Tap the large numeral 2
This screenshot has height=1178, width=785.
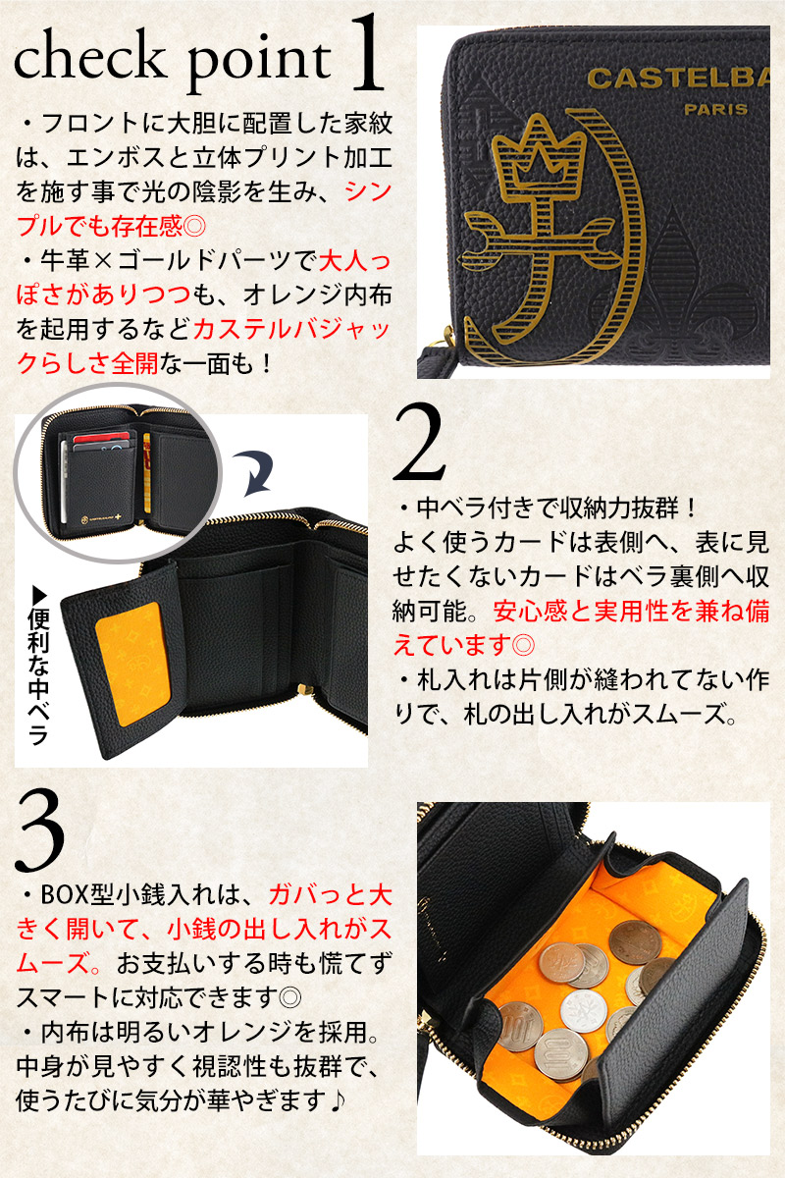click(420, 443)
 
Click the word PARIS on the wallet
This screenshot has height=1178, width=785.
click(715, 109)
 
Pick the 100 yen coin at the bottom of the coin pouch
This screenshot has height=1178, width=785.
click(560, 1051)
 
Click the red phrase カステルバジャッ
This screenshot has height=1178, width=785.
click(291, 330)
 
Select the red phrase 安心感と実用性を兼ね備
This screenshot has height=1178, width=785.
click(632, 611)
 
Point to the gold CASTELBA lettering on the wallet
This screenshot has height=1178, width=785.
click(678, 79)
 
